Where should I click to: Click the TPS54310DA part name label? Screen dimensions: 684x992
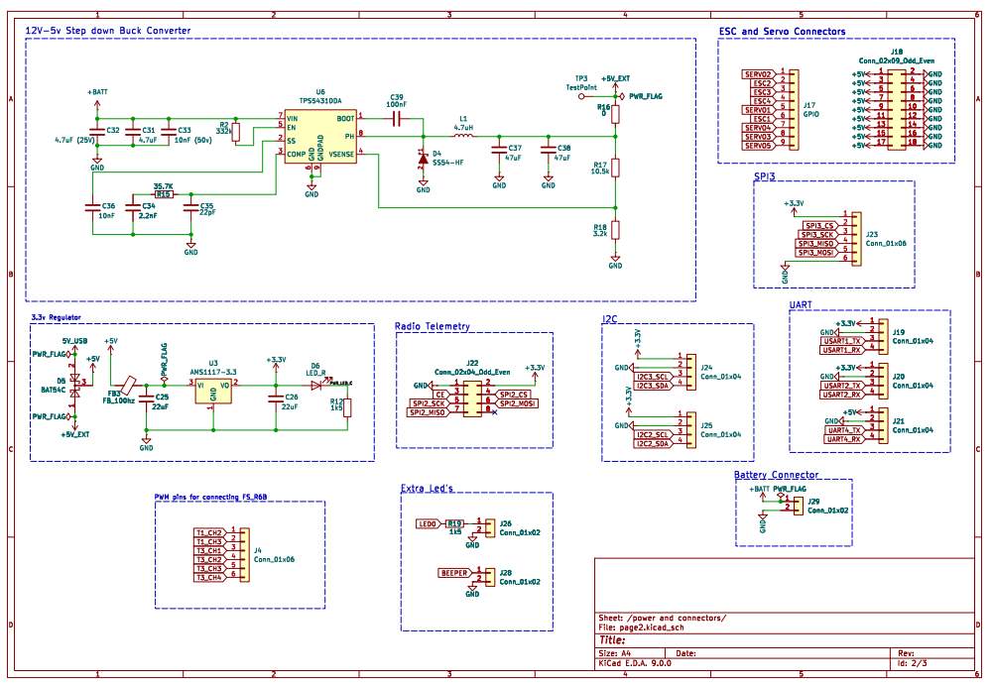[x=321, y=101]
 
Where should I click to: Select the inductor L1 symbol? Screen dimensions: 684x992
[x=462, y=137]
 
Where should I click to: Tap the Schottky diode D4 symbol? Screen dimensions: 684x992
[x=424, y=157]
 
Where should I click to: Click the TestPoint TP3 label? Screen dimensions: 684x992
[x=581, y=86]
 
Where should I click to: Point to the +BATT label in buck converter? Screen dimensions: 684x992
[x=97, y=91]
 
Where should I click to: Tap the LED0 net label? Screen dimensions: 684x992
[x=428, y=523]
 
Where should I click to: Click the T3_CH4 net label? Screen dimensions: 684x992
[x=208, y=576]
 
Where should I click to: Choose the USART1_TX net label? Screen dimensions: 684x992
[x=841, y=340]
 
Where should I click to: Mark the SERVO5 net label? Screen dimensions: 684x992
[x=757, y=146]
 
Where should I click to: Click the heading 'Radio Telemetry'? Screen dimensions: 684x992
[x=433, y=326]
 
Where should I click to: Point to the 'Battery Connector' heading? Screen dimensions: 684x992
[x=776, y=475]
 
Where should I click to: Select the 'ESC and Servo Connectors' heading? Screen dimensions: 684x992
[x=782, y=32]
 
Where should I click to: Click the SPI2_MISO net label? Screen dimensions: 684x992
[x=428, y=411]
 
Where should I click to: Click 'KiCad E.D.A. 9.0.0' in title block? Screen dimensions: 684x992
[x=635, y=664]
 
